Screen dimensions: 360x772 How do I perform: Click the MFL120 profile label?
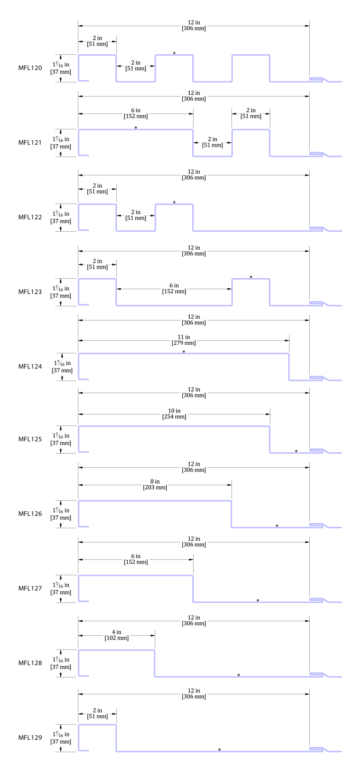pos(30,68)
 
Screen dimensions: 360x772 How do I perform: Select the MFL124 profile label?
pos(30,366)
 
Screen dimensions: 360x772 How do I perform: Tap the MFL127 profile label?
pos(30,588)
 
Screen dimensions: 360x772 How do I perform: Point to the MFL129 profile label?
pos(30,737)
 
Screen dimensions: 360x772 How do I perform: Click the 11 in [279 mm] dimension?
pos(184,340)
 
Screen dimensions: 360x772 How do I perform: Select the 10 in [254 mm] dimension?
pos(174,414)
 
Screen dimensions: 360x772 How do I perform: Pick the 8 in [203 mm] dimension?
pos(155,484)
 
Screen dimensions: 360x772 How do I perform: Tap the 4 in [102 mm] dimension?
pos(117,635)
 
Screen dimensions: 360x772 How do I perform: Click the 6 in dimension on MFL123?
pos(174,288)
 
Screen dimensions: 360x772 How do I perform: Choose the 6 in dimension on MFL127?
pos(136,559)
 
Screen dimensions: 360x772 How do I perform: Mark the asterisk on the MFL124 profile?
pos(184,352)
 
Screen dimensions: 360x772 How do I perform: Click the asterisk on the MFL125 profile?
pos(296,451)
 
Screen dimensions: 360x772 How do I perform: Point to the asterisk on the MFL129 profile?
pos(219,750)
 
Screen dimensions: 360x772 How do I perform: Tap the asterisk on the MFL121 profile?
pos(136,128)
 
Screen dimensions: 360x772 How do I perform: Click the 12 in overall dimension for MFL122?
pos(194,175)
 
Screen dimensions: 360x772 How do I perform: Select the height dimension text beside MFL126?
pos(61,514)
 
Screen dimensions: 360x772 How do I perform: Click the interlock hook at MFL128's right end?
pos(317,675)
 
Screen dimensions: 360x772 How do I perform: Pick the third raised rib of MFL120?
pos(251,55)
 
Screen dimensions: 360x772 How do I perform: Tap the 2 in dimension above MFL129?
pos(97,713)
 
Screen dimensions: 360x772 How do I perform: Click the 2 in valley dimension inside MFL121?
pos(213,142)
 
